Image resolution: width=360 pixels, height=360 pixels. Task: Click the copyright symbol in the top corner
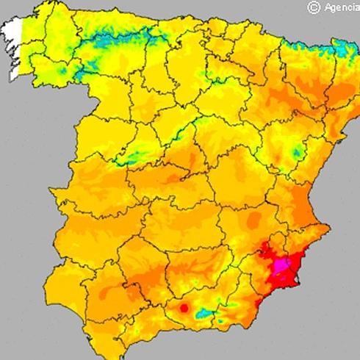(314, 7)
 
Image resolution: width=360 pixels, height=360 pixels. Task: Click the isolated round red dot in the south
(184, 308)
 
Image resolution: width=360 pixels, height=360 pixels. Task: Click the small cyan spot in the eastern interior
(297, 154)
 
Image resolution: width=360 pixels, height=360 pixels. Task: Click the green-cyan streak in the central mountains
(132, 156)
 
